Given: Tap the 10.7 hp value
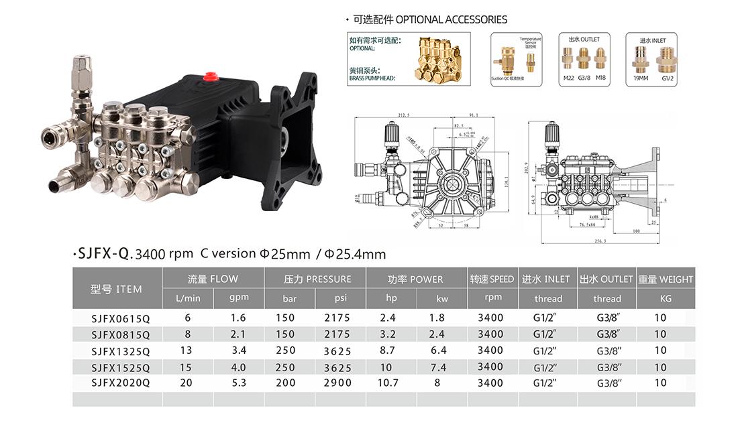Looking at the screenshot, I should [x=388, y=383].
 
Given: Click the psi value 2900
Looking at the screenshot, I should [x=337, y=383].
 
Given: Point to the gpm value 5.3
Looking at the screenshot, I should [x=238, y=383].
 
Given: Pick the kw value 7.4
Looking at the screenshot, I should [x=442, y=367].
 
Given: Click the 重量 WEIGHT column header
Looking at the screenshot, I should [x=666, y=279].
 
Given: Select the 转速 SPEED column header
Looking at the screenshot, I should [x=492, y=279].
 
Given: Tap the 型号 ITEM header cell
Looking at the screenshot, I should [x=117, y=289].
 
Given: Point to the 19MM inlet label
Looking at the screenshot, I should [x=641, y=78].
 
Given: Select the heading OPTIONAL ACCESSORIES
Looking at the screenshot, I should [x=451, y=19].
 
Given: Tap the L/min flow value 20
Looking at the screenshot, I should [x=187, y=383].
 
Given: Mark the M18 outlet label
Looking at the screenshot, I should [x=600, y=78].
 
